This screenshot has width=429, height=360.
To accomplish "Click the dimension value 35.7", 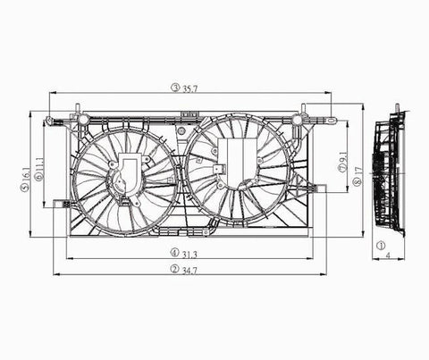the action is click(190, 89).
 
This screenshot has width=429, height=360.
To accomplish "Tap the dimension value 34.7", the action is click(189, 271).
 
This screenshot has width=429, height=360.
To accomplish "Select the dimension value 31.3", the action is click(189, 255).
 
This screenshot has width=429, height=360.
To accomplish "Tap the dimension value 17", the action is click(358, 171).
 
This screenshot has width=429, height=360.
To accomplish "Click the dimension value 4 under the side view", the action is click(388, 255).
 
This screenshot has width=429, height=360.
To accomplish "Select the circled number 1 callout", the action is click(381, 246).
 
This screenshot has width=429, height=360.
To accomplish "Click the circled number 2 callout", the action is click(174, 269).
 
